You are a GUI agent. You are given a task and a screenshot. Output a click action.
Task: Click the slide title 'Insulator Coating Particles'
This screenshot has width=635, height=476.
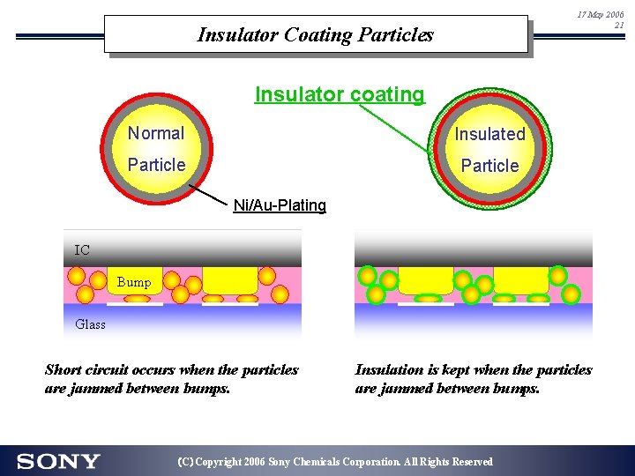click(x=316, y=35)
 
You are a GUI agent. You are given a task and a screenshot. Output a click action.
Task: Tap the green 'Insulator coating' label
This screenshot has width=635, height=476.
click(x=340, y=94)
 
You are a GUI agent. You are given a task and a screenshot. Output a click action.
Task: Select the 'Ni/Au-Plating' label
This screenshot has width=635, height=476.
click(x=280, y=205)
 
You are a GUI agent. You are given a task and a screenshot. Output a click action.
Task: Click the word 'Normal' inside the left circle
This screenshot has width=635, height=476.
click(x=156, y=133)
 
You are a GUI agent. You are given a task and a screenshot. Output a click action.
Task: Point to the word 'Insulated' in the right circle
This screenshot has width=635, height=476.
click(x=489, y=134)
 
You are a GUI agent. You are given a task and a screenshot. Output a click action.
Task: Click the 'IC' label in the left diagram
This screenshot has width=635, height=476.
click(x=82, y=250)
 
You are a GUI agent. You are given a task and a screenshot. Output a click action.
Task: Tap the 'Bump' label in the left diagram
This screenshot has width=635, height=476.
click(x=134, y=282)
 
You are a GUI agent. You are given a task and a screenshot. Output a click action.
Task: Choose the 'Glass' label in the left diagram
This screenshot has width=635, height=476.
click(x=90, y=324)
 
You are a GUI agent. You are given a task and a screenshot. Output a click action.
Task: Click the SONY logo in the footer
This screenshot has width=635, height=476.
click(x=58, y=461)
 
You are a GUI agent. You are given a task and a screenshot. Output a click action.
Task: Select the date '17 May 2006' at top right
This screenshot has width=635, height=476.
click(x=601, y=15)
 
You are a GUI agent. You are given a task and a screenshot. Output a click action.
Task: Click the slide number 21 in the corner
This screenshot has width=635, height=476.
click(x=619, y=26)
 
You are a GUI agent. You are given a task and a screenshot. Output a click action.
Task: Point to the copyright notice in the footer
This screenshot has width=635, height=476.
click(x=335, y=462)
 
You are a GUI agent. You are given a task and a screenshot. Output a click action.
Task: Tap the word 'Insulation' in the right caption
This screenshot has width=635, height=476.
click(x=388, y=370)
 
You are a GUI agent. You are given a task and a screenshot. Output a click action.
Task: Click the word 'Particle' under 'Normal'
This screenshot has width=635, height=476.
click(x=156, y=165)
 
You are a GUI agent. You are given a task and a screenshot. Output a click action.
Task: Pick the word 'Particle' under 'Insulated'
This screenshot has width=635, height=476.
click(x=489, y=166)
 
